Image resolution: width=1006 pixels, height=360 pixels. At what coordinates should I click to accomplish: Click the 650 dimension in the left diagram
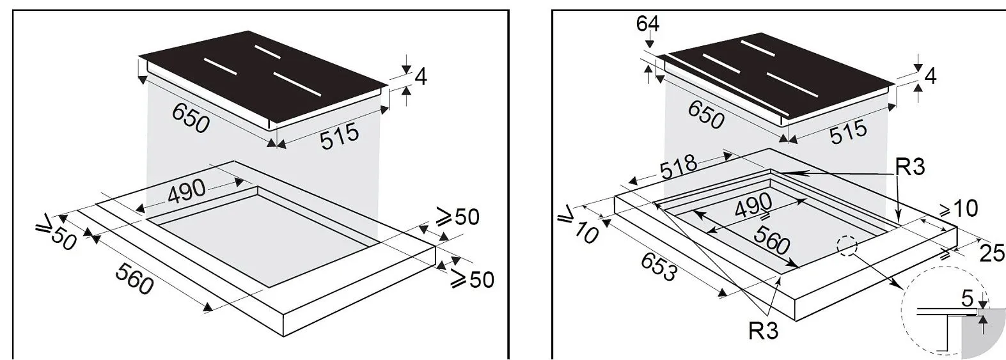191,118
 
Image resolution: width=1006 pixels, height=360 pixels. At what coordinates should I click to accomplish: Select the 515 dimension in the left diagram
340,136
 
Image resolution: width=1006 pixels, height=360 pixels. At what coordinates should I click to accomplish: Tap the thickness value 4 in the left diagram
420,77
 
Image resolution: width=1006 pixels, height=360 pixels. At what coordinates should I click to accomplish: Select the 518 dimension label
679,166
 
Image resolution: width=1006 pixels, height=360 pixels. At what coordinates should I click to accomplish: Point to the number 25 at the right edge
992,253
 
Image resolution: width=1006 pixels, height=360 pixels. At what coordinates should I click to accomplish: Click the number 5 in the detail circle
966,298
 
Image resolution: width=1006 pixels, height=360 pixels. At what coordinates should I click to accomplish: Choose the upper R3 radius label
909,167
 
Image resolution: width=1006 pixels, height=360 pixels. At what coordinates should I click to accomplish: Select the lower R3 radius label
763,331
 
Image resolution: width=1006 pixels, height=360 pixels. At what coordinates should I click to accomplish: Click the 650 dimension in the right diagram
706,116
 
